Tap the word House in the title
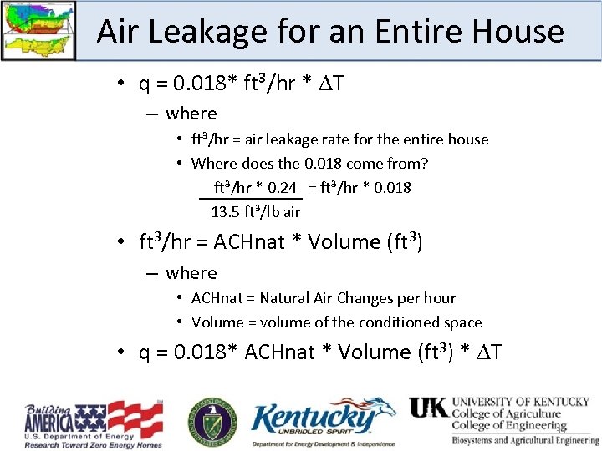[x=518, y=32]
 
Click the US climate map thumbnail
[x=38, y=30]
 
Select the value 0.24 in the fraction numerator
[x=282, y=187]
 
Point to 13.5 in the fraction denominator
[x=226, y=211]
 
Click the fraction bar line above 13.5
[x=250, y=199]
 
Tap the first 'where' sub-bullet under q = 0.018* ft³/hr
[x=191, y=114]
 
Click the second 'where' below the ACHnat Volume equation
[x=191, y=273]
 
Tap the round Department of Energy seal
[x=212, y=420]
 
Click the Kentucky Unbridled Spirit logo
[x=322, y=422]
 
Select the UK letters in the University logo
[x=428, y=408]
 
